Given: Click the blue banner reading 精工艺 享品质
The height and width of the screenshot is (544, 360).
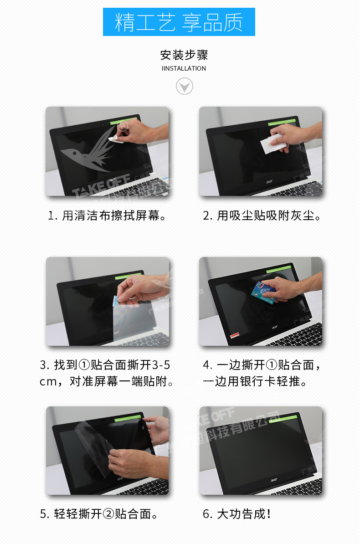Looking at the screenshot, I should [x=179, y=22].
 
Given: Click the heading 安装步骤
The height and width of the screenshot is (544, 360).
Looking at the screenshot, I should [x=184, y=55].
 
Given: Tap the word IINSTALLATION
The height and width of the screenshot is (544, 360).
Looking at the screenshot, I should [x=184, y=68].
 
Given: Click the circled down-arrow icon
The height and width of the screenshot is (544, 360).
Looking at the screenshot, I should [x=184, y=86].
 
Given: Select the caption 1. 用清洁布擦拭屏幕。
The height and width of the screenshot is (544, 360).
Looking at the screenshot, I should [x=108, y=216].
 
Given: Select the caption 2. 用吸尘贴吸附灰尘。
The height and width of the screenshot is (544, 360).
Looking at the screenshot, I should [x=262, y=216].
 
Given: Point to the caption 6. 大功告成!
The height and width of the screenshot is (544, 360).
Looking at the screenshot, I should [x=237, y=514].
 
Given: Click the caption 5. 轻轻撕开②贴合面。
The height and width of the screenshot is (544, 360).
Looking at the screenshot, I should [x=100, y=514].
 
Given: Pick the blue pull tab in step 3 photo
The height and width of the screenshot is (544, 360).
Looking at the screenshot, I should [x=117, y=301].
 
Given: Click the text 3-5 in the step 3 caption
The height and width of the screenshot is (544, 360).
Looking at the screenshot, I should [x=161, y=365].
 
